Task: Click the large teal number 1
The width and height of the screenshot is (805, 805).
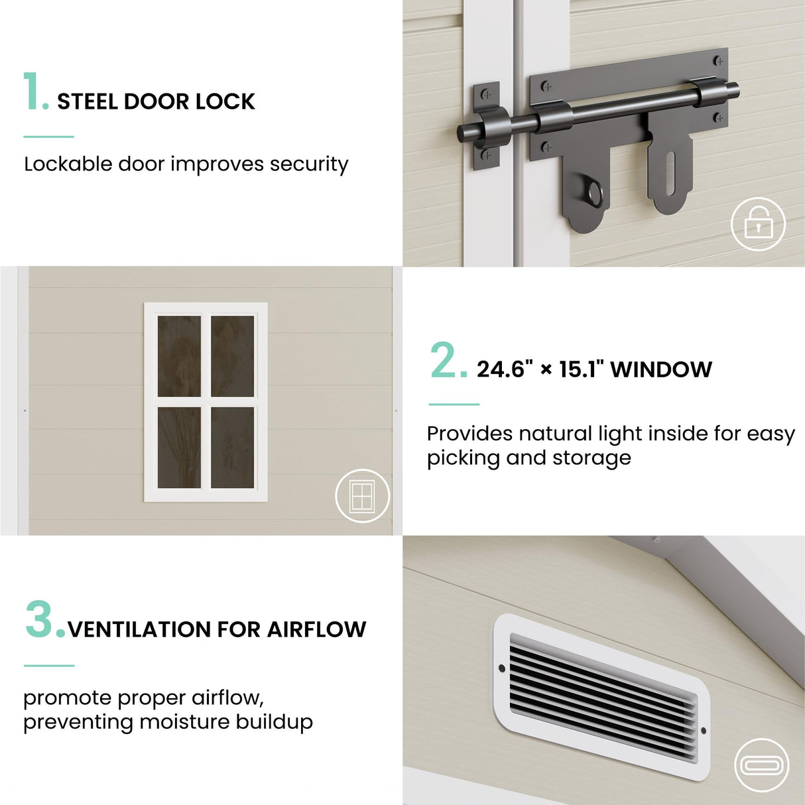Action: click(x=32, y=92)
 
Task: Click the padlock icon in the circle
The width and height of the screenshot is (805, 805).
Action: click(x=758, y=224)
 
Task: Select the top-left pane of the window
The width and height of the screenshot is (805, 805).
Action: click(x=179, y=356)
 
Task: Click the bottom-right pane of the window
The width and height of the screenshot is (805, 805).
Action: click(x=232, y=448)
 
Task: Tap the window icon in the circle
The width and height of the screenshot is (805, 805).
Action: click(x=362, y=496)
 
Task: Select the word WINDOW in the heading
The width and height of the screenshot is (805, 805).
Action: click(x=661, y=370)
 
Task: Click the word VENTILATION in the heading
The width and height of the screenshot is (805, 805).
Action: click(x=139, y=629)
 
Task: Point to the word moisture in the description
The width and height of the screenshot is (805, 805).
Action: click(x=184, y=721)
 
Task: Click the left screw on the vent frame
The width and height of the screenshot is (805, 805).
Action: click(x=502, y=668)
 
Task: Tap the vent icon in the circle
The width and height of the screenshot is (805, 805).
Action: click(x=761, y=766)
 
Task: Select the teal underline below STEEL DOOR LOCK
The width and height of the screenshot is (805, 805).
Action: click(x=48, y=137)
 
